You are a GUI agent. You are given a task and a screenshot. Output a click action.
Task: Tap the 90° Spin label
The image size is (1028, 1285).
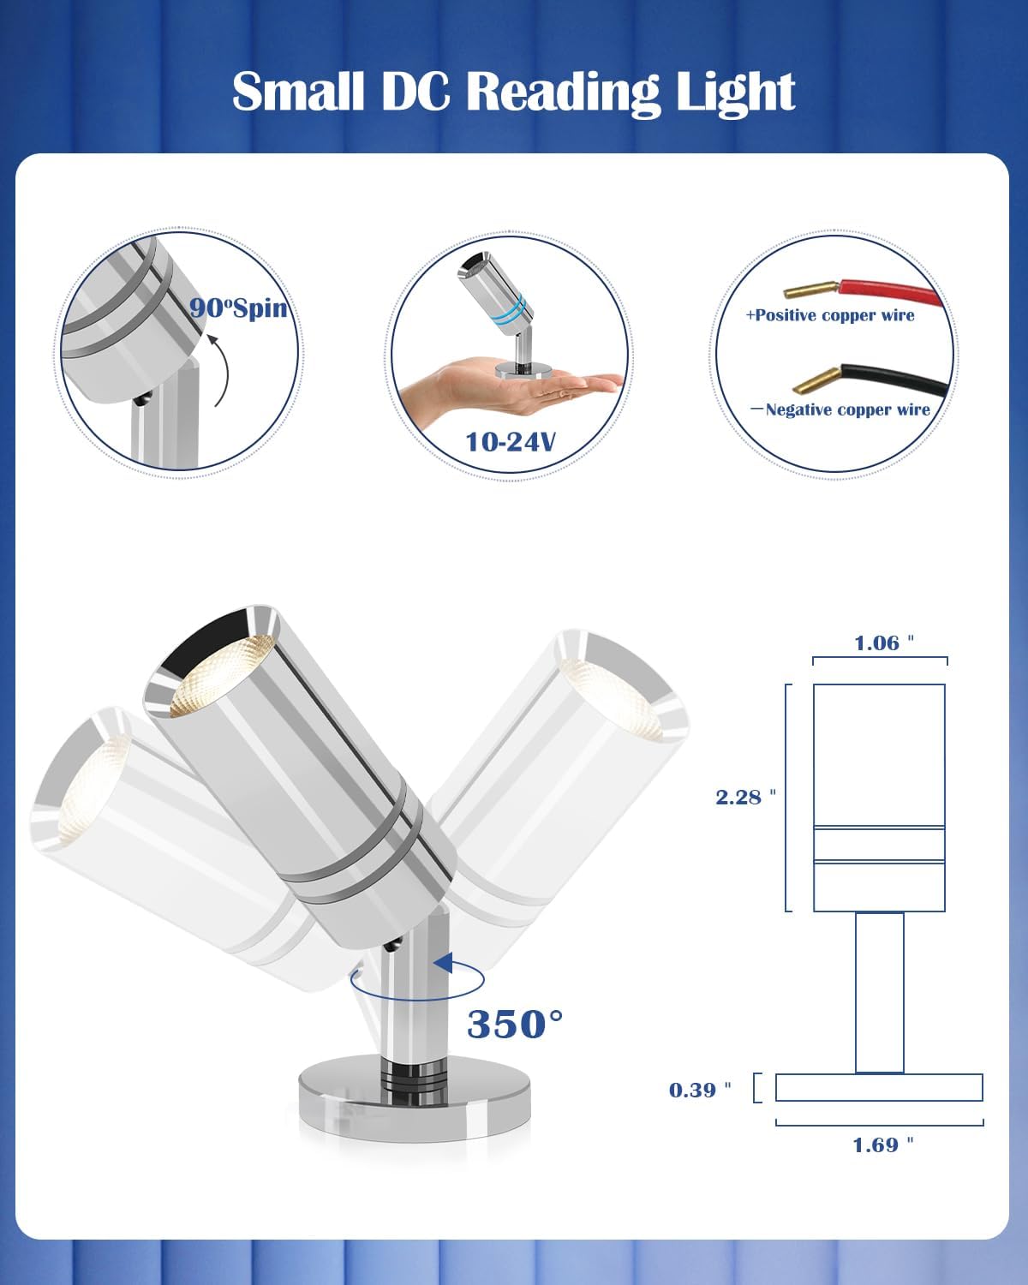pos(237,308)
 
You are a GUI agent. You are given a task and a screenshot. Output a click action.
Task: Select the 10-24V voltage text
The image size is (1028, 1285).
pos(510,442)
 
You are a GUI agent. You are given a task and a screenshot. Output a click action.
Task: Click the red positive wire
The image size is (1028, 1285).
pos(891,292)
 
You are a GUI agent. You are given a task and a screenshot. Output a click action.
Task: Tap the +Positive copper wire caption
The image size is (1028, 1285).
pos(830,316)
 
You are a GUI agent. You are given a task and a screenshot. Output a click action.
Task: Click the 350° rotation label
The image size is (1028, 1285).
pos(515,1025)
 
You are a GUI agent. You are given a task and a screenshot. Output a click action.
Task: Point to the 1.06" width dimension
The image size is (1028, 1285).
pos(883,643)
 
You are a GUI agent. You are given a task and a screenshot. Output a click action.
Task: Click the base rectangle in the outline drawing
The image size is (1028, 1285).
pos(879,1088)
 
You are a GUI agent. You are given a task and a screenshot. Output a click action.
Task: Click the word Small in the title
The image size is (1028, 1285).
pos(298,93)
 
